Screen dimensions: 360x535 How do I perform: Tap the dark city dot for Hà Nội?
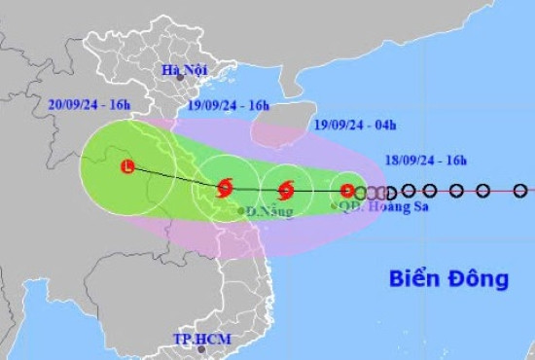pos(186,83)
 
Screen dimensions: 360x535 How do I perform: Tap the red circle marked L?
pos(127,167)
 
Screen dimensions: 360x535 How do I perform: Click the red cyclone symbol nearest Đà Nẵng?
pos(225,187)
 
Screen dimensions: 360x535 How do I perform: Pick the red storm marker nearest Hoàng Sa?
pos(347,191)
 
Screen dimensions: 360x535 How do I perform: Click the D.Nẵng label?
pos(269,211)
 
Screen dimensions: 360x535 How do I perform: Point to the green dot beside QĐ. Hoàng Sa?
pos(335,205)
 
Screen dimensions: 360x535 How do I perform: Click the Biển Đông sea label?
pos(449,278)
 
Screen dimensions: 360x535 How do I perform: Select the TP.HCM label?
pos(198,340)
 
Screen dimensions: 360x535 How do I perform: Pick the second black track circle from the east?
pos(483,191)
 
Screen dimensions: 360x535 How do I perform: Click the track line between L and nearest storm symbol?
pos(175,177)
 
